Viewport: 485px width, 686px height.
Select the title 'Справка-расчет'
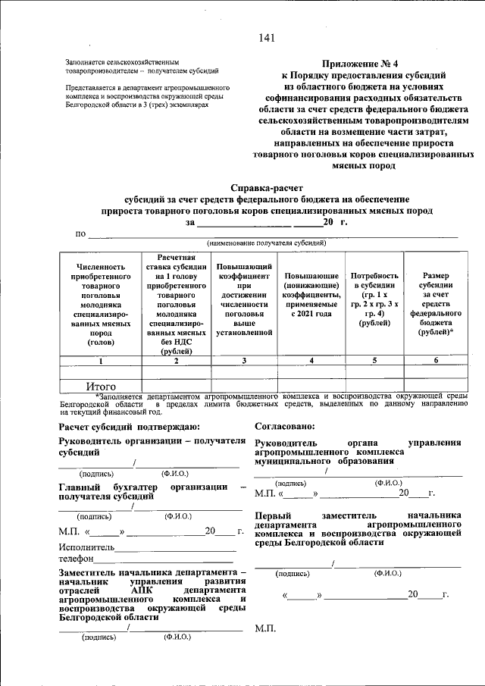point(267,187)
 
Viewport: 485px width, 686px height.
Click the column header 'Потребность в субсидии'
point(374,299)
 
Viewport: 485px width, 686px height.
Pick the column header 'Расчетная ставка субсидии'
point(176,303)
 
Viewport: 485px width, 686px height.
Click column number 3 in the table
point(244,361)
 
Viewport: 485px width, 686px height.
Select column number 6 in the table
point(436,361)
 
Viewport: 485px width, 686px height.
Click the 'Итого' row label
point(100,387)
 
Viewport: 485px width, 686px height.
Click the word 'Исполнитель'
point(86,546)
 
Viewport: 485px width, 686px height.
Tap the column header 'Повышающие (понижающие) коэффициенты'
point(311,299)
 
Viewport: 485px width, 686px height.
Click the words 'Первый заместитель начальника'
point(358,515)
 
